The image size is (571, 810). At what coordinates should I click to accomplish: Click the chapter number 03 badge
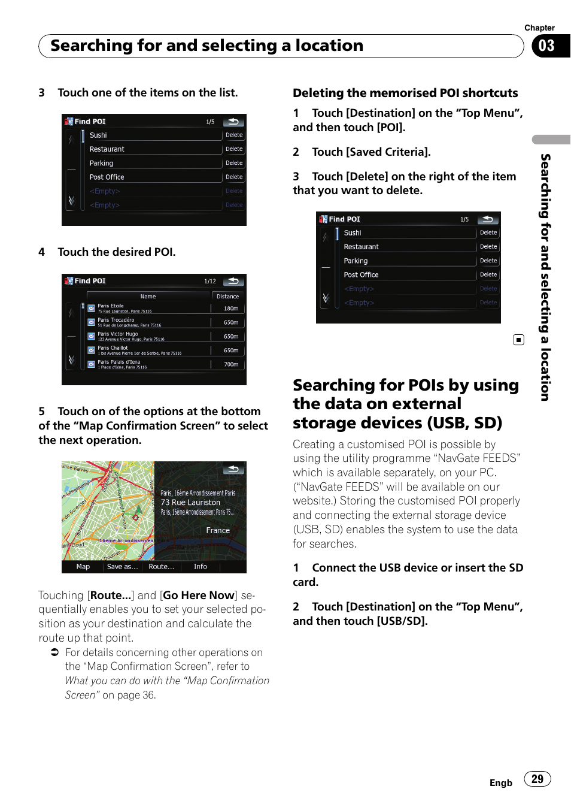coord(546,46)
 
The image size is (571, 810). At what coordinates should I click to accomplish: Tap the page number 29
coord(537,779)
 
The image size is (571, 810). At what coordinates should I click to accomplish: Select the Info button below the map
coord(201,567)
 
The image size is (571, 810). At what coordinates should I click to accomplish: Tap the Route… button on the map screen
coord(161,567)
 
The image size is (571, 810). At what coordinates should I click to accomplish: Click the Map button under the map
coord(83,567)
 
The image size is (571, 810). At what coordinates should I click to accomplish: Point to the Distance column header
coord(227,297)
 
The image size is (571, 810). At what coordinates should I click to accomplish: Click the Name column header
coord(148,297)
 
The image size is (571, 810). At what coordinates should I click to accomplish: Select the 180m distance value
coord(231,309)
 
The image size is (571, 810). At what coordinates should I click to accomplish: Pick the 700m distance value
coord(231,364)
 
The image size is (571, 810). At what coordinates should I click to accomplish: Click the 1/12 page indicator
coord(210,281)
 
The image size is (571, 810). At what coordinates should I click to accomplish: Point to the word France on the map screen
coord(218,531)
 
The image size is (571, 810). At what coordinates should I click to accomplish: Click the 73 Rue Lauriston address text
coord(190,503)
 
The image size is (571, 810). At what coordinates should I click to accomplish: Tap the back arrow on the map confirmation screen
coord(233,469)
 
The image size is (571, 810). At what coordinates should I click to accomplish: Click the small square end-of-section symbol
coord(518,340)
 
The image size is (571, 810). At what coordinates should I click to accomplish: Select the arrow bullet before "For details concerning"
coord(54,652)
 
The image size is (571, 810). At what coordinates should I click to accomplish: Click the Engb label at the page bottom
coord(500,783)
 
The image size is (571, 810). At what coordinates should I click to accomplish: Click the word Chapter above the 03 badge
coord(539,28)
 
